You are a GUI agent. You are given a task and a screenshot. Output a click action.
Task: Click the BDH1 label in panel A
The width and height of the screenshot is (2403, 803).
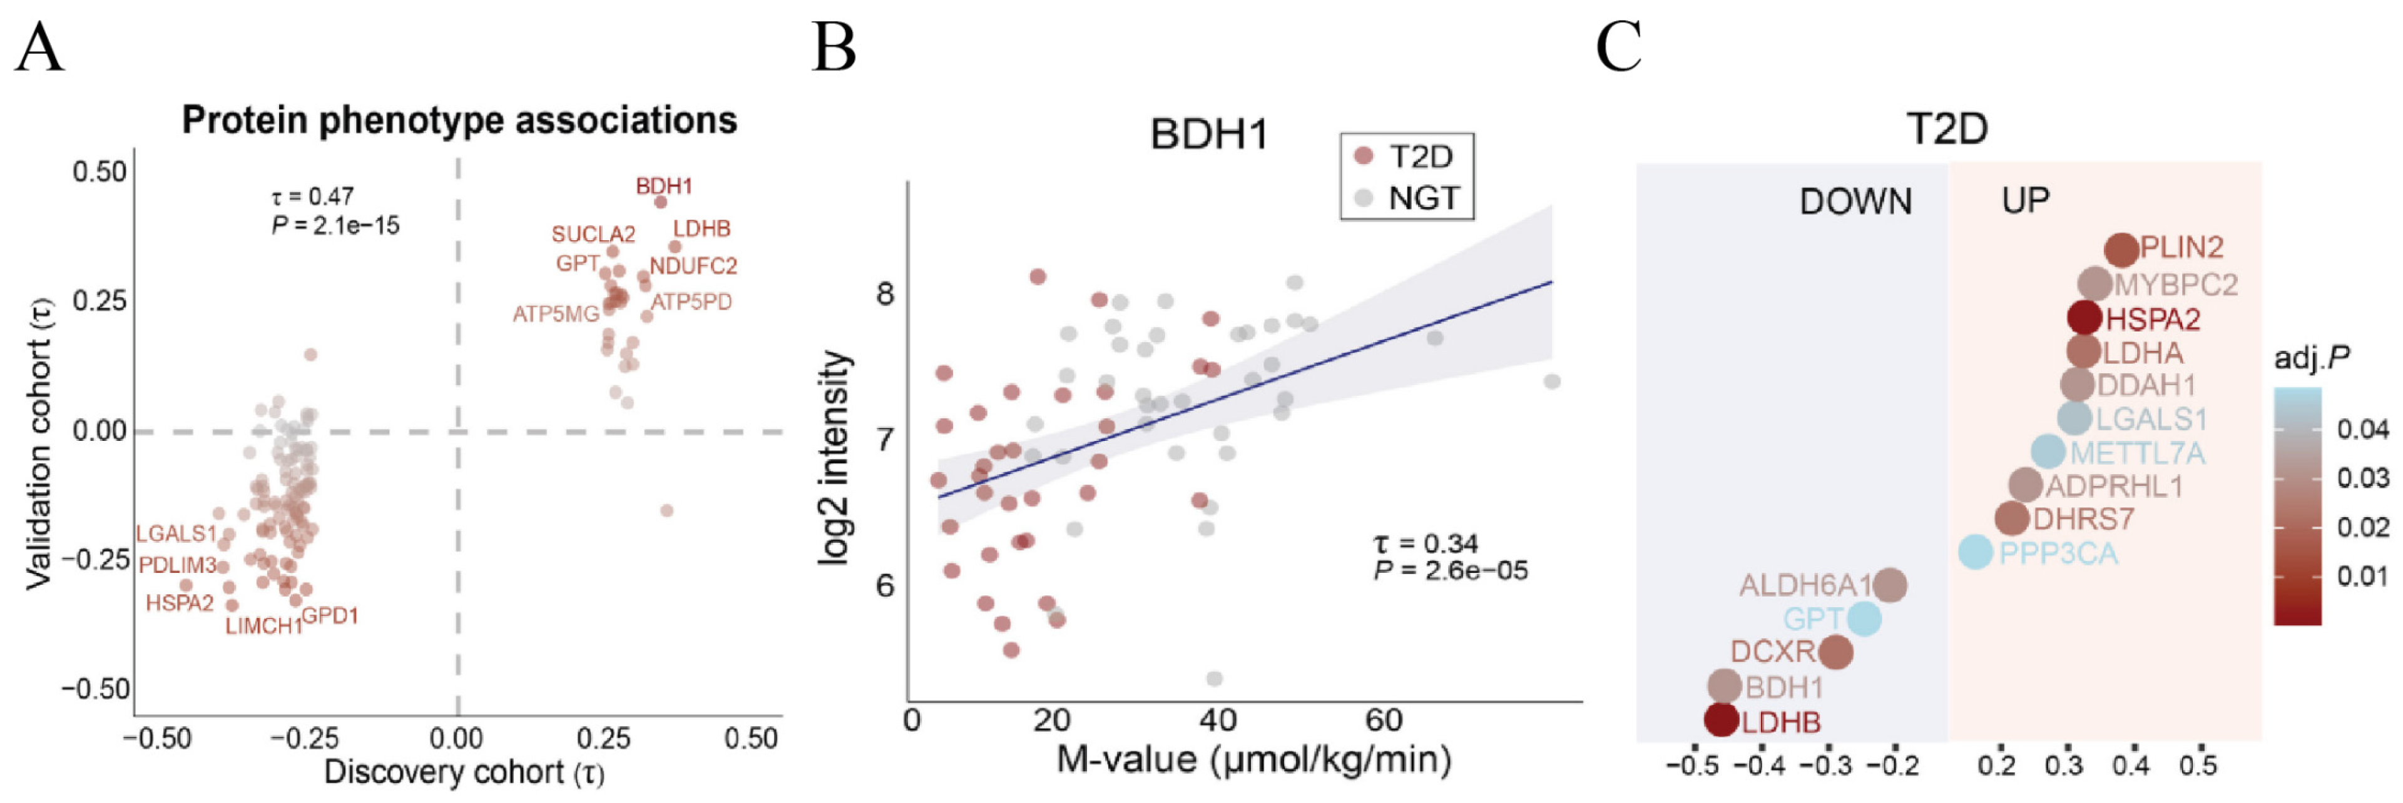(x=663, y=186)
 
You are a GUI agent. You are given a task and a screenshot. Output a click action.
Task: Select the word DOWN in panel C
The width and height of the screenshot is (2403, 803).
(x=1854, y=201)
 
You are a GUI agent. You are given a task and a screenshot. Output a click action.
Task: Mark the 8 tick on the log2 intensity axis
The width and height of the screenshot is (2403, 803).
(x=884, y=294)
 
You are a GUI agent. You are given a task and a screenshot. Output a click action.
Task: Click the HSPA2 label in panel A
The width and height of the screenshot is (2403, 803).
(x=179, y=604)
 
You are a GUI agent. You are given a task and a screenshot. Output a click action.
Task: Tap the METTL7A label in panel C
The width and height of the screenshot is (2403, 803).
(x=2137, y=453)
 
